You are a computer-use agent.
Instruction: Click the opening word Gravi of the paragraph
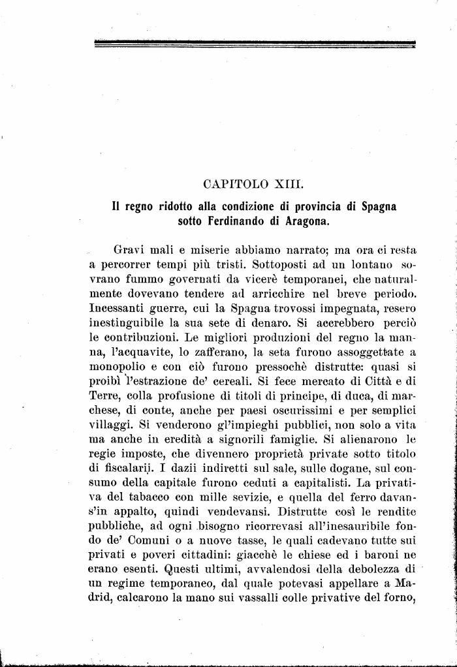pos(129,250)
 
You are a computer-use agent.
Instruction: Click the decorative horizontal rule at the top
pos(255,44)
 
